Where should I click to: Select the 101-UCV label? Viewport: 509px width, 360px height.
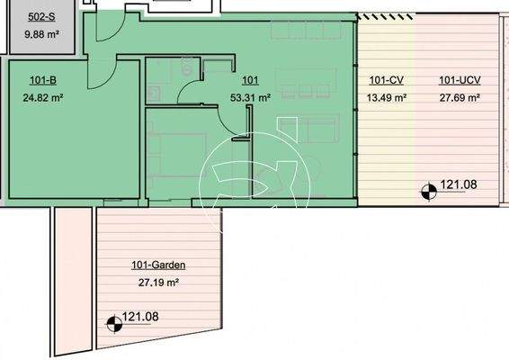pyautogui.click(x=458, y=81)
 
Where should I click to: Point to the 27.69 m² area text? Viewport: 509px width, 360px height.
pyautogui.click(x=459, y=98)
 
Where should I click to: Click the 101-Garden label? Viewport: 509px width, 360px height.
pyautogui.click(x=158, y=265)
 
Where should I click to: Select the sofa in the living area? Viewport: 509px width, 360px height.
pyautogui.click(x=318, y=131)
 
